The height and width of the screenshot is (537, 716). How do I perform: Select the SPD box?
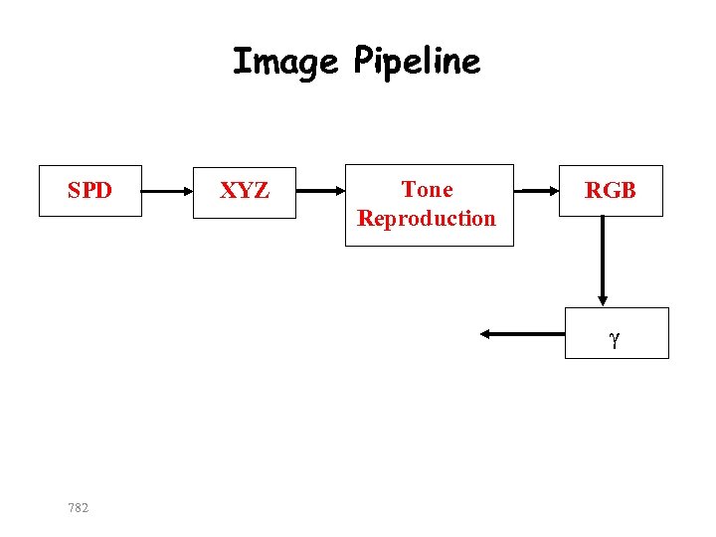(90, 190)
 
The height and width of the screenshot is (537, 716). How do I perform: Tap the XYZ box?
(244, 192)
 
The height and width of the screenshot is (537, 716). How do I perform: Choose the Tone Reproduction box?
(429, 205)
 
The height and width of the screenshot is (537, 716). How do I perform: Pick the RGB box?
(610, 190)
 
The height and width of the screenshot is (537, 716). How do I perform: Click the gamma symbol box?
(617, 332)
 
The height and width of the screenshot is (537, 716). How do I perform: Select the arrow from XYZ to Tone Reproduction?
(321, 190)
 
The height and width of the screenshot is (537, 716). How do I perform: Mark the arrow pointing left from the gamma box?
(521, 334)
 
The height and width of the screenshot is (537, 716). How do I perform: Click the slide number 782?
(78, 508)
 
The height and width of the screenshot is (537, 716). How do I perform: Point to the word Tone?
(427, 189)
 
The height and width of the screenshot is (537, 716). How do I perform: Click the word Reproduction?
(427, 218)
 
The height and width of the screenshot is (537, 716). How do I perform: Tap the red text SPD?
(89, 190)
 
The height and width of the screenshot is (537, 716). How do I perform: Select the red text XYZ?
(244, 191)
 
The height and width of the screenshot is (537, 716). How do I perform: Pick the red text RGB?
(610, 191)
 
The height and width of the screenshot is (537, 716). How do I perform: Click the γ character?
(616, 340)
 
